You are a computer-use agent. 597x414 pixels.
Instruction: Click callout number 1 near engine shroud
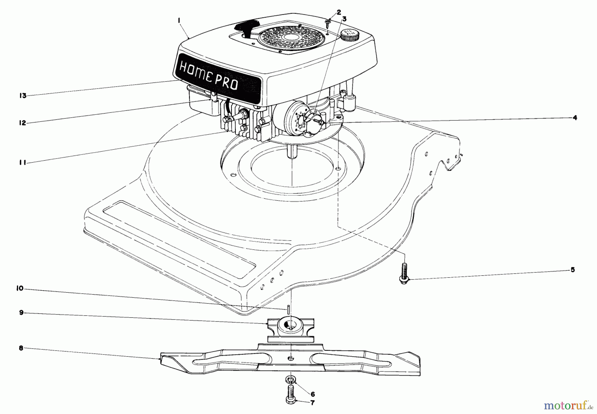click(179, 21)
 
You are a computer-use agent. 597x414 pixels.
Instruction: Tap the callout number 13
click(23, 96)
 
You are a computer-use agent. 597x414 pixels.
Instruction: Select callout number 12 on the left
click(23, 123)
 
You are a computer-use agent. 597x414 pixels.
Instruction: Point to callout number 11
click(23, 163)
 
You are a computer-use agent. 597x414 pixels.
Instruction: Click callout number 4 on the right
click(575, 117)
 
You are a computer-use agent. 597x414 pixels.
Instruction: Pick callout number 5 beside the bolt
click(573, 270)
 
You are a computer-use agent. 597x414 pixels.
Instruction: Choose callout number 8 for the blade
click(21, 348)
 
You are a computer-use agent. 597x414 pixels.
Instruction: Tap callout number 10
click(20, 288)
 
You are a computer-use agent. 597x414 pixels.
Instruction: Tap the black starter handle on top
click(247, 26)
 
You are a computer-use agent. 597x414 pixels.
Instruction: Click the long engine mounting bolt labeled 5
click(404, 273)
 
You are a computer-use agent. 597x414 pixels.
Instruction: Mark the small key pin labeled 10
click(289, 309)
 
